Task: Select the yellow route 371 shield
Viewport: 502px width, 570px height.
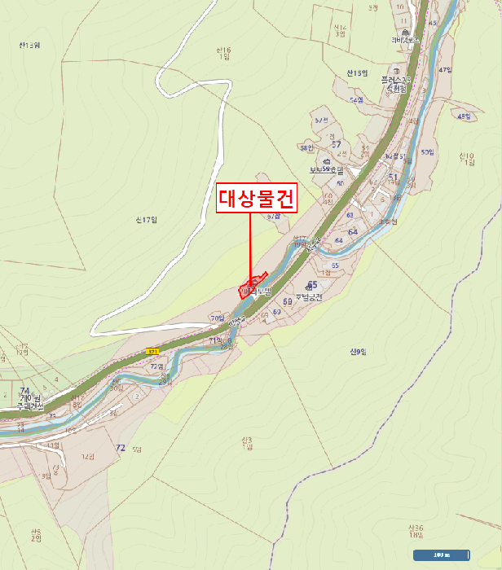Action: coord(152,351)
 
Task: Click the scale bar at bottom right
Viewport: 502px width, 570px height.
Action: coord(441,555)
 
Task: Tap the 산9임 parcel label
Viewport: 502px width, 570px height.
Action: coord(358,352)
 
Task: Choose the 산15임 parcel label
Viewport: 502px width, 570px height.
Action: coord(357,73)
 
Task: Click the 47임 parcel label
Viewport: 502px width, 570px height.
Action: coord(445,70)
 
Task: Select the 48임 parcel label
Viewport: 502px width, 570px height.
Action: coord(465,116)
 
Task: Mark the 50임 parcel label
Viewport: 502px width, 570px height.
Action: coord(427,152)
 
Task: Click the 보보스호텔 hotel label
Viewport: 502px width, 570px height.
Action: coord(324,169)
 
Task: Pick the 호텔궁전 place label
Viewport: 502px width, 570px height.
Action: coord(309,297)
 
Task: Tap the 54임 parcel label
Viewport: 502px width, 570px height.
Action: coord(356,99)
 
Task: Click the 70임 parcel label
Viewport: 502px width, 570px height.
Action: coord(216,318)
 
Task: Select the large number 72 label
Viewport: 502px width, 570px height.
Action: coord(121,448)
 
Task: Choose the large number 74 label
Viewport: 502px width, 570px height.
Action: coord(24,391)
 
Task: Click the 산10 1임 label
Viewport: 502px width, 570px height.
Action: coord(466,159)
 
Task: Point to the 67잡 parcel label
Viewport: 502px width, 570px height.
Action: coord(273,217)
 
